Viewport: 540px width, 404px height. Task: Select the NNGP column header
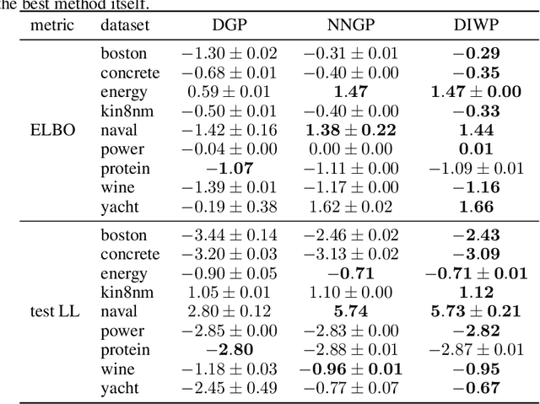coord(351,25)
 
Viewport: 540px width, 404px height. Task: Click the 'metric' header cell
coord(52,25)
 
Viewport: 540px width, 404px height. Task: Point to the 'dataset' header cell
coord(126,25)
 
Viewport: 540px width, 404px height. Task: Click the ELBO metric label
coord(52,130)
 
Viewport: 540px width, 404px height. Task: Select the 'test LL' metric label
coord(52,311)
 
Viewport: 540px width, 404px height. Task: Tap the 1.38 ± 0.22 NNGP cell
coord(351,130)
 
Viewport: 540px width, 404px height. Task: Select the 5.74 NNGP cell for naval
coord(351,311)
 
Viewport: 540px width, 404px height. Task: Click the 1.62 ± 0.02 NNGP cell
coord(351,206)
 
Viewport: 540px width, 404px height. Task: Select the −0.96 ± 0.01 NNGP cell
coord(351,369)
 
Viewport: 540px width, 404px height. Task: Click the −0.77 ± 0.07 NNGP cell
coord(351,387)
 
